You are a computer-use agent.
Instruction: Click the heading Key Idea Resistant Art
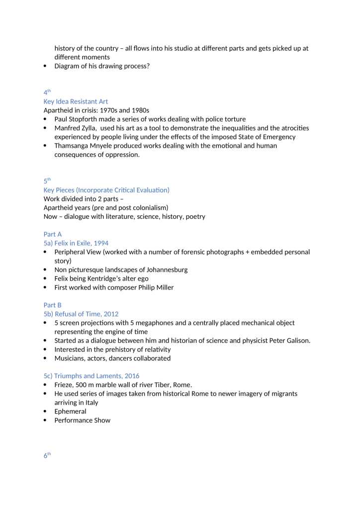(x=76, y=102)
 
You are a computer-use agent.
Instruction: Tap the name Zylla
(x=91, y=128)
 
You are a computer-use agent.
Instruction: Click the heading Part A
(x=53, y=234)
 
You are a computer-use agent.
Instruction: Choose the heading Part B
(x=53, y=305)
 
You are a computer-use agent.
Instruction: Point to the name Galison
(x=296, y=341)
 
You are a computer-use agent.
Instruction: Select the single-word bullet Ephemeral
(x=70, y=411)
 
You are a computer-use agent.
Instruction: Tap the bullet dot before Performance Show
(x=46, y=420)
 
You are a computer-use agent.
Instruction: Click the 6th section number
(x=47, y=455)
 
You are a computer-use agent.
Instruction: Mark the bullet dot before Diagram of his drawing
(x=46, y=66)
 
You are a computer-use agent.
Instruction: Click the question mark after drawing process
(x=148, y=66)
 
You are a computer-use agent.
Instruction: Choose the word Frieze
(x=64, y=385)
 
